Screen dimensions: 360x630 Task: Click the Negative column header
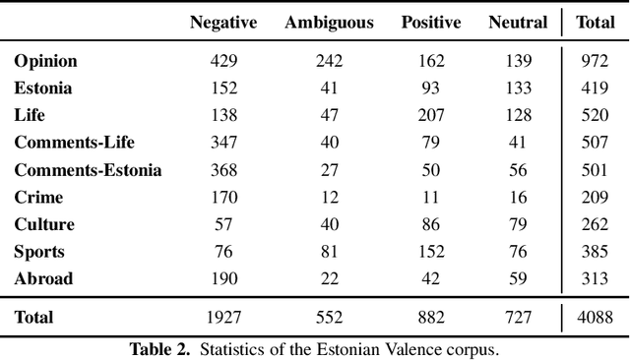click(x=224, y=23)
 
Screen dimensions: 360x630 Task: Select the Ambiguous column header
click(x=329, y=23)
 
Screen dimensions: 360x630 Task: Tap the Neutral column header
click(x=517, y=23)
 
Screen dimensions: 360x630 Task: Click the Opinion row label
click(x=45, y=61)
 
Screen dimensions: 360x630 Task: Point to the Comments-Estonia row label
click(x=88, y=170)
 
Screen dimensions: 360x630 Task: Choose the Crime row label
click(x=38, y=197)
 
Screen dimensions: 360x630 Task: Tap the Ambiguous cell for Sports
click(x=329, y=252)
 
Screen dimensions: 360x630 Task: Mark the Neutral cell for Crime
click(x=518, y=197)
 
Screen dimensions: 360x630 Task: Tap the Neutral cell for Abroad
click(x=518, y=278)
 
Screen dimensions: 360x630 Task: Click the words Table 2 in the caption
click(x=157, y=348)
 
